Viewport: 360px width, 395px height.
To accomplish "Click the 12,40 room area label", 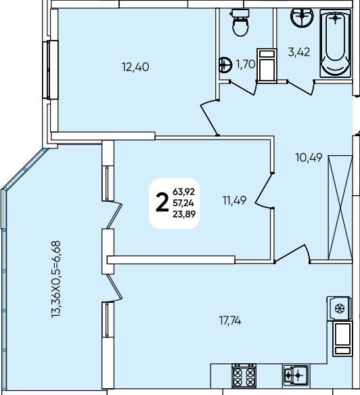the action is pyautogui.click(x=135, y=67).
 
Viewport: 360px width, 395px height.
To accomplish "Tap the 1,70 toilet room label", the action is pyautogui.click(x=246, y=64).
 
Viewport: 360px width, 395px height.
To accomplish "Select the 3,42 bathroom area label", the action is pyautogui.click(x=299, y=52).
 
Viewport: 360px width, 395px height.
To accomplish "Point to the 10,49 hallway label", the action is pyautogui.click(x=309, y=158).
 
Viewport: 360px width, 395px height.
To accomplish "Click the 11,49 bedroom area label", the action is pyautogui.click(x=234, y=201).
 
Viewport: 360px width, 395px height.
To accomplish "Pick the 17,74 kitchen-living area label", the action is pyautogui.click(x=230, y=321).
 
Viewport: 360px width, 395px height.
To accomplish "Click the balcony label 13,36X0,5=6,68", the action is pyautogui.click(x=56, y=279).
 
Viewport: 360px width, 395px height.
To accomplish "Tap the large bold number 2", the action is pyautogui.click(x=162, y=203).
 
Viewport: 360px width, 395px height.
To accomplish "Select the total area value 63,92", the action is pyautogui.click(x=183, y=192).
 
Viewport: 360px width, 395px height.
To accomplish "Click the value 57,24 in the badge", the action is pyautogui.click(x=183, y=203).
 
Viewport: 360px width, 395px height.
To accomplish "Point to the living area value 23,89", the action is pyautogui.click(x=184, y=214).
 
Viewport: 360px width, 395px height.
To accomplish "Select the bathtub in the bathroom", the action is pyautogui.click(x=336, y=43).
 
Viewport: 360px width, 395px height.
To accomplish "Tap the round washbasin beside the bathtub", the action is pyautogui.click(x=302, y=18).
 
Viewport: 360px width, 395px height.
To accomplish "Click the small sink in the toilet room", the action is pyautogui.click(x=225, y=65).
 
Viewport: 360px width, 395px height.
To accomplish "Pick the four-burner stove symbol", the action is pyautogui.click(x=244, y=375).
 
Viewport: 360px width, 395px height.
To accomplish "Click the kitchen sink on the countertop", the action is pyautogui.click(x=296, y=375).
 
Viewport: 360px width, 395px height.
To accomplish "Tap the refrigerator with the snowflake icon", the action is pyautogui.click(x=339, y=308).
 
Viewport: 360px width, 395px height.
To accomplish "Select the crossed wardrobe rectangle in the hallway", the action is pyautogui.click(x=340, y=207).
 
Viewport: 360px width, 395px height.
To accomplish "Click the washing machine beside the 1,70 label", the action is pyautogui.click(x=267, y=65).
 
